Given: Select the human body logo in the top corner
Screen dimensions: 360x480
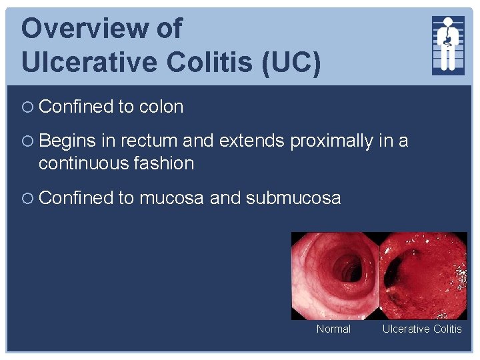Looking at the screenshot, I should (448, 44).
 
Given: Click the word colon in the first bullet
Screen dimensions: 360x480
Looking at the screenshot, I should (161, 107).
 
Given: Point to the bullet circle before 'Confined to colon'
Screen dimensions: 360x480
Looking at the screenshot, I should (27, 107).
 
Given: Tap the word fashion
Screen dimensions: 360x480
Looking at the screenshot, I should (163, 163).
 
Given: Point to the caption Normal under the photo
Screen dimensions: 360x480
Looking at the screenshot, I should (333, 329).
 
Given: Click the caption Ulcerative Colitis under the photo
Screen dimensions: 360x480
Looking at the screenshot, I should (421, 329).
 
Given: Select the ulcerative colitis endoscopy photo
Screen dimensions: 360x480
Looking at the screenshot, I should (423, 275).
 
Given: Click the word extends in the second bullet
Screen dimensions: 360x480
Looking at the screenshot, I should (253, 141).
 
